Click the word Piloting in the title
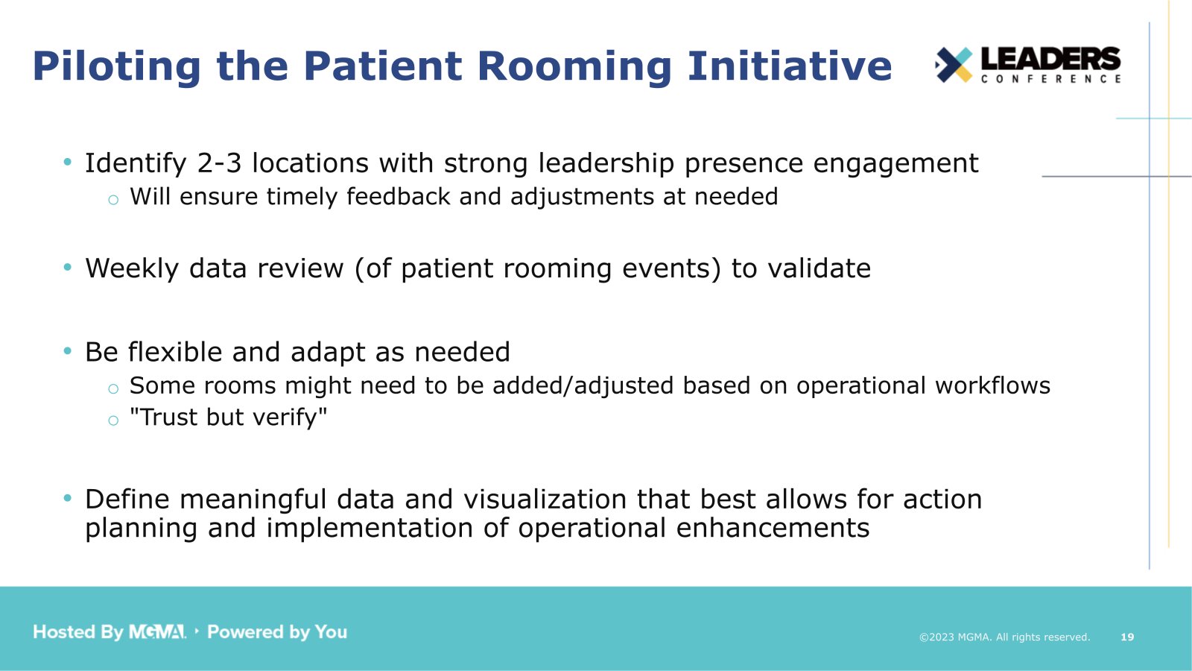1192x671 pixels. coord(117,66)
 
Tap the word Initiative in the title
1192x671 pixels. coord(789,66)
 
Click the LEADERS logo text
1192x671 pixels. coord(1050,59)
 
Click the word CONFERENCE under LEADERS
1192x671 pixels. coord(1050,79)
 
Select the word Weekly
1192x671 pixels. coord(132,268)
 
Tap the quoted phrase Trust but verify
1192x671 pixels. coord(228,418)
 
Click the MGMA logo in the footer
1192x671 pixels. coord(157,632)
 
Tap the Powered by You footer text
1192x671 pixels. coord(277,632)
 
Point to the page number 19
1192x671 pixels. coord(1127,637)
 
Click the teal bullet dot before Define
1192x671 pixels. coord(68,498)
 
